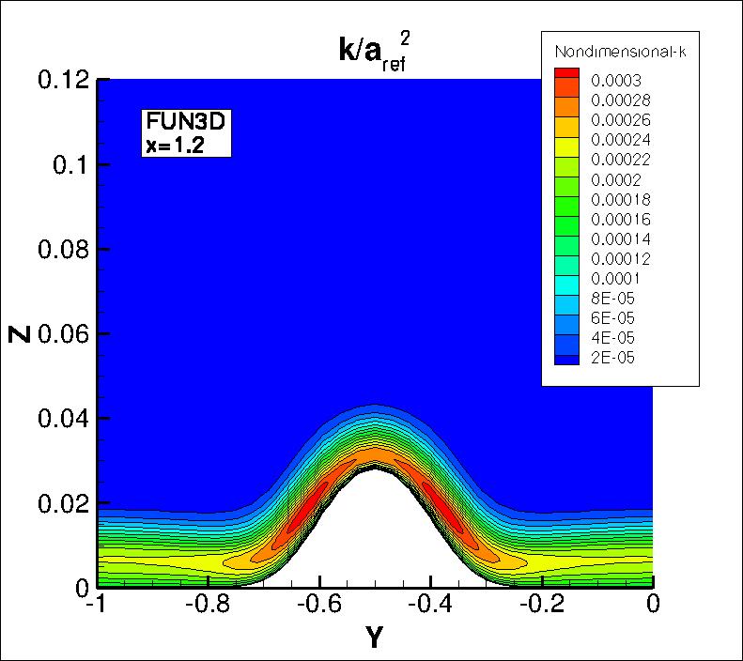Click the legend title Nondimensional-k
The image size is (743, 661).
621,51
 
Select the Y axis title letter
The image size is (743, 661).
374,640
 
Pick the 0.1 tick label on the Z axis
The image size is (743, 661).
70,164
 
